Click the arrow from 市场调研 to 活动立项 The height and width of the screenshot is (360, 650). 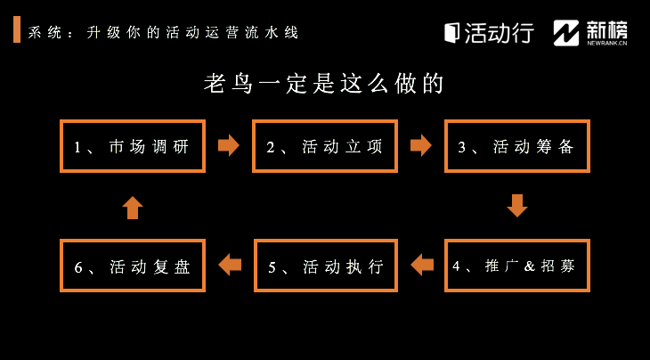pyautogui.click(x=229, y=145)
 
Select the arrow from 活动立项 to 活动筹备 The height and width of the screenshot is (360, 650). pyautogui.click(x=421, y=145)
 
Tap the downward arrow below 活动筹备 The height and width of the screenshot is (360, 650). pyautogui.click(x=517, y=206)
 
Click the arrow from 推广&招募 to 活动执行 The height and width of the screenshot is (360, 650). pyautogui.click(x=421, y=265)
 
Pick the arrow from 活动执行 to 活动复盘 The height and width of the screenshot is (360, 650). pyautogui.click(x=230, y=265)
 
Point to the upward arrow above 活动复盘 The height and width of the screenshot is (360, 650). pyautogui.click(x=133, y=208)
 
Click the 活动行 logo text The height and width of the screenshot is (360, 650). pyautogui.click(x=500, y=32)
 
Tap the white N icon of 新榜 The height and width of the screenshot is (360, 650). pyautogui.click(x=566, y=33)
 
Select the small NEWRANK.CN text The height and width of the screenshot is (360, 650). pyautogui.click(x=607, y=42)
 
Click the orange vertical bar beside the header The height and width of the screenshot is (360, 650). pyautogui.click(x=17, y=29)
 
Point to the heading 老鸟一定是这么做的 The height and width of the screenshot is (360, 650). pyautogui.click(x=324, y=84)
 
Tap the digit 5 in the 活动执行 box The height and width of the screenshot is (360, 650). pyautogui.click(x=272, y=267)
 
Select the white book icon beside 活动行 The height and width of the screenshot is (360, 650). pyautogui.click(x=451, y=33)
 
